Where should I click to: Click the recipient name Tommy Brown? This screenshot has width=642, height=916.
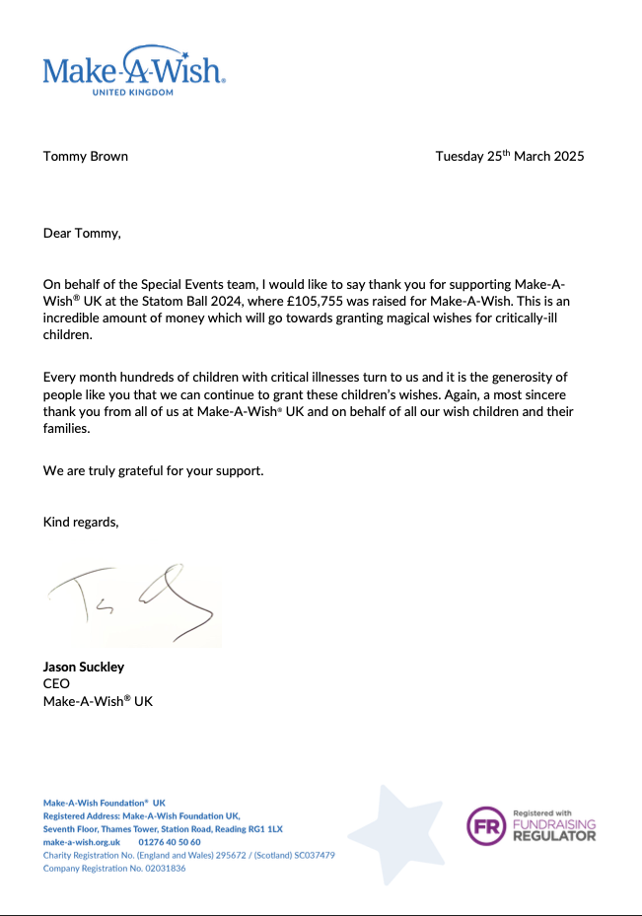pos(86,156)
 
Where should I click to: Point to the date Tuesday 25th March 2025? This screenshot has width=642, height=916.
pos(510,156)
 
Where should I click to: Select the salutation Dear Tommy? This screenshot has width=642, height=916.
pos(82,234)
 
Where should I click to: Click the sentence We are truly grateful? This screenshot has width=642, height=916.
pos(154,470)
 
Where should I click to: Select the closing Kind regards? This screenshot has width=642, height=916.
pos(81,522)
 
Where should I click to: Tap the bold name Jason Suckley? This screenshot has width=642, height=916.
pos(84,667)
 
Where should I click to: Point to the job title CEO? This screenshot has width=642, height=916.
pos(57,683)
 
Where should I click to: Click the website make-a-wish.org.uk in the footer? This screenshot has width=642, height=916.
pos(82,842)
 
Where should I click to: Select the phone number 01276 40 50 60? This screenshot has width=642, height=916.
pos(170,842)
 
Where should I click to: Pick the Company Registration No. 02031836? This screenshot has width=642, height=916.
pos(114,868)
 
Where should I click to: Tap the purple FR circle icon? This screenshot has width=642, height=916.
pos(486,826)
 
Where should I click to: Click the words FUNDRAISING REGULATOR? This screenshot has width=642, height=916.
pos(554,829)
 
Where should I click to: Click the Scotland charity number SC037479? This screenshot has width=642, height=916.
pos(311,855)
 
